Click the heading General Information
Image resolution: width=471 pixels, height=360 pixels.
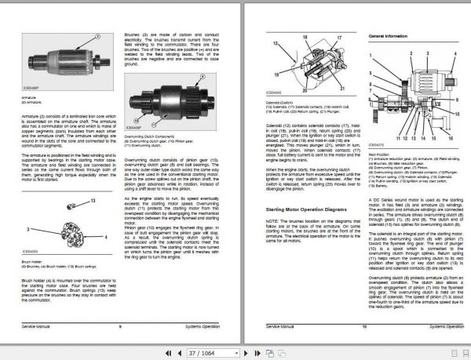pos(389,37)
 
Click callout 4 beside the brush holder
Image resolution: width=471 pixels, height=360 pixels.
pos(106,235)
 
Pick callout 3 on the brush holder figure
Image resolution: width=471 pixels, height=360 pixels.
pos(28,228)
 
